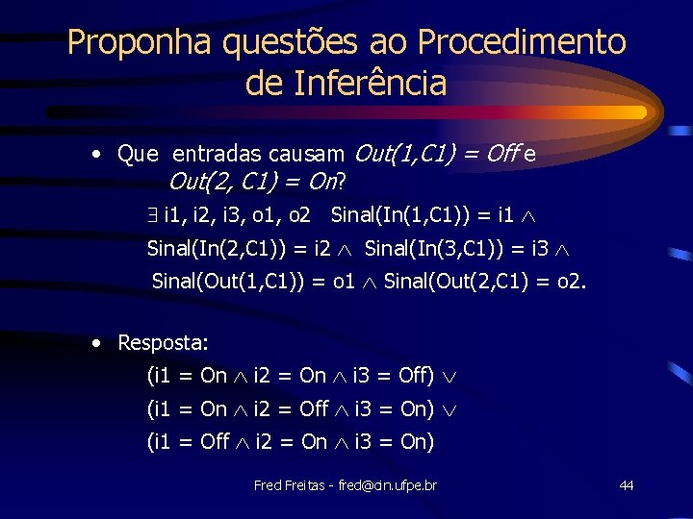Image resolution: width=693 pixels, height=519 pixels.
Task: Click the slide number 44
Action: pyautogui.click(x=626, y=485)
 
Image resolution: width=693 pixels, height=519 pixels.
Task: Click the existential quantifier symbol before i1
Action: pyautogui.click(x=155, y=214)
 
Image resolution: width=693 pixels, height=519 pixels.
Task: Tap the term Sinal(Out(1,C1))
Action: pyautogui.click(x=227, y=282)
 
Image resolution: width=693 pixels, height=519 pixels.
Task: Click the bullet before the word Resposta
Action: pyautogui.click(x=98, y=342)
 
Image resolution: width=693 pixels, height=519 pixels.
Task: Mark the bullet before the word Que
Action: pyautogui.click(x=98, y=154)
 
